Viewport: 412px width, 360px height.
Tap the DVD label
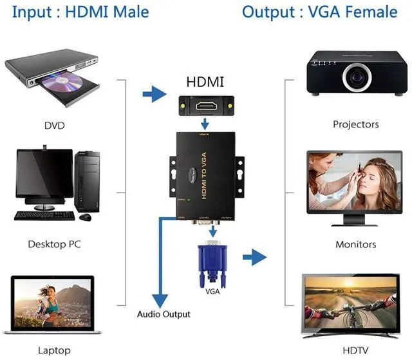click(x=55, y=124)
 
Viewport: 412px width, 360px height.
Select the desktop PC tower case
click(x=88, y=181)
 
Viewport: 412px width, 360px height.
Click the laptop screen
click(x=55, y=303)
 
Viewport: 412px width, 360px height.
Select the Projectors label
click(x=355, y=124)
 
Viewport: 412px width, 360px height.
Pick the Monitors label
click(x=355, y=244)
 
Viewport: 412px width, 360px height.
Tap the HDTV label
click(x=355, y=351)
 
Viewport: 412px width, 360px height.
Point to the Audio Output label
click(x=164, y=314)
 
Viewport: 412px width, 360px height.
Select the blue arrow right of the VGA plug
click(x=254, y=258)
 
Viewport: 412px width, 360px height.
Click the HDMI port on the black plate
click(x=206, y=104)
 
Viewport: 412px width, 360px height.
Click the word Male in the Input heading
click(x=129, y=12)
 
